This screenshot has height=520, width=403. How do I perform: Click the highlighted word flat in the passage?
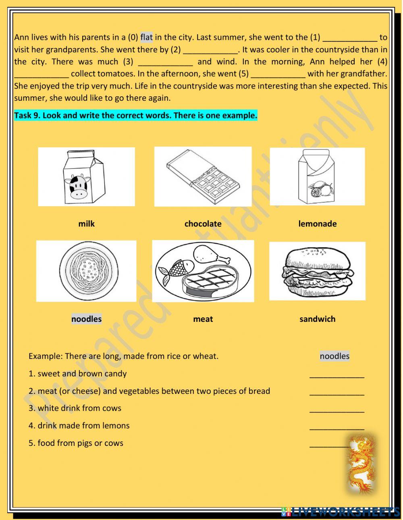pyautogui.click(x=147, y=37)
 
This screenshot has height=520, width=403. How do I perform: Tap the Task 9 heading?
pyautogui.click(x=135, y=116)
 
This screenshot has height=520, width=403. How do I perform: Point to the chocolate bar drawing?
pyautogui.click(x=203, y=176)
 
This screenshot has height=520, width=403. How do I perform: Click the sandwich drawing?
pyautogui.click(x=318, y=270)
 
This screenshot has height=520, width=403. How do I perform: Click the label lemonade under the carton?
pyautogui.click(x=317, y=224)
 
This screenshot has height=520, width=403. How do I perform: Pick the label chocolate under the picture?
pyautogui.click(x=203, y=224)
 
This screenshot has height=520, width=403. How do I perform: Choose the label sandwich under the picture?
pyautogui.click(x=317, y=319)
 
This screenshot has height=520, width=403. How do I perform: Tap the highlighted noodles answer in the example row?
pyautogui.click(x=334, y=356)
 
